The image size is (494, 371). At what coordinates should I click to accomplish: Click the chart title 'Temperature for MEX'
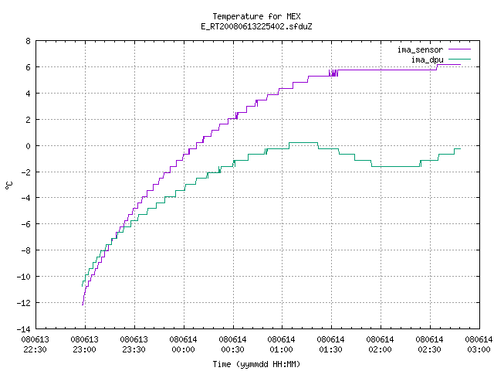[x=256, y=16]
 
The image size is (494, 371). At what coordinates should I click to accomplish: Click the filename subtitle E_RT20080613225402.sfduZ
[x=256, y=26]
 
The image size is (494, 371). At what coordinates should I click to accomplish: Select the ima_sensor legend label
[x=420, y=49]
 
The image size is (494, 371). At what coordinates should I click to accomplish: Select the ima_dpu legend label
[x=427, y=60]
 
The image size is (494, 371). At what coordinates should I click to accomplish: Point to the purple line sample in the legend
[x=459, y=49]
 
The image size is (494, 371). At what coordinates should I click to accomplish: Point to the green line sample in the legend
[x=459, y=59]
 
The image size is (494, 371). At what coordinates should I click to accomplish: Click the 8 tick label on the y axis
[x=29, y=41]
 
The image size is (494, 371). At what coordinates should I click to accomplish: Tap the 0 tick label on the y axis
[x=29, y=146]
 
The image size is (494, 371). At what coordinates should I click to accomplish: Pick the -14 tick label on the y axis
[x=24, y=329]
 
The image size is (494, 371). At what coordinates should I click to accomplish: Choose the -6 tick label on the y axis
[x=25, y=224]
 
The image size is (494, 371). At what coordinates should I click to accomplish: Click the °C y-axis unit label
[x=9, y=185]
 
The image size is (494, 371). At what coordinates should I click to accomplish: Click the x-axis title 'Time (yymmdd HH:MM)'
[x=256, y=364]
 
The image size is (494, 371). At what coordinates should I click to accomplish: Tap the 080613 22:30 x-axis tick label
[x=36, y=345]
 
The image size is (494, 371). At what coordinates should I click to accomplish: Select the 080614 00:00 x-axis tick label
[x=184, y=345]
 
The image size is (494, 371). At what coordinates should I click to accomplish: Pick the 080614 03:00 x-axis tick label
[x=479, y=345]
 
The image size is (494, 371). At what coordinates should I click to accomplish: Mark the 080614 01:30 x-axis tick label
[x=331, y=345]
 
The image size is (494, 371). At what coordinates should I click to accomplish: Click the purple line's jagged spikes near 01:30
[x=333, y=73]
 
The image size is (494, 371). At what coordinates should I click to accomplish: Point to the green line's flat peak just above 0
[x=303, y=143]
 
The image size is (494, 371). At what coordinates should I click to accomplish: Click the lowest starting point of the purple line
[x=83, y=305]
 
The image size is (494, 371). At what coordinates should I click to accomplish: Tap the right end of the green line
[x=460, y=148]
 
